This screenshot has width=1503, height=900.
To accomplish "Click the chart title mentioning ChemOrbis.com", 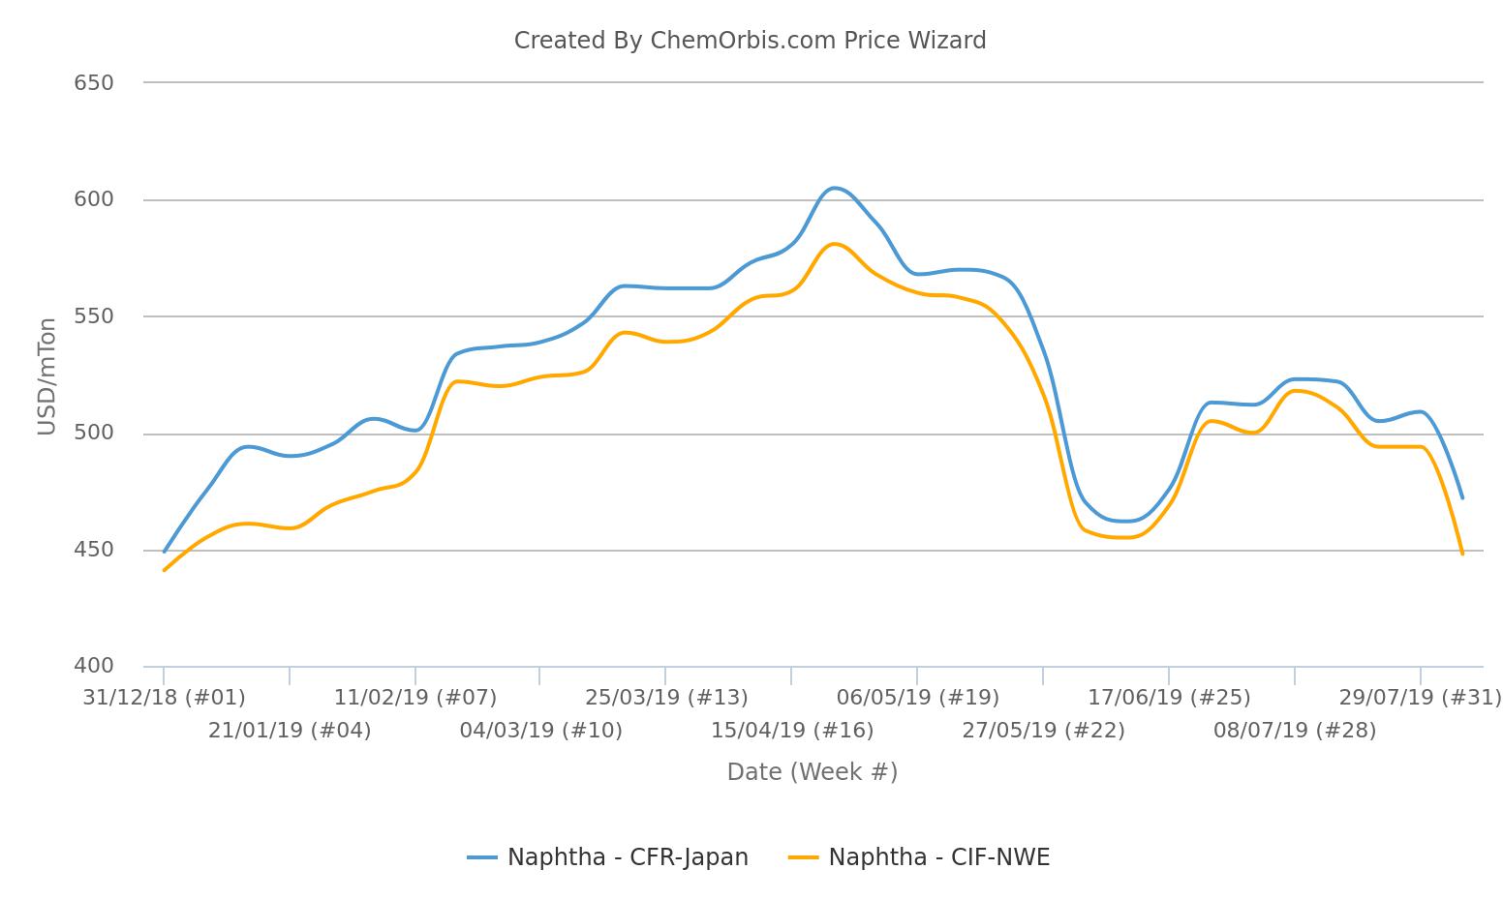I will (750, 41).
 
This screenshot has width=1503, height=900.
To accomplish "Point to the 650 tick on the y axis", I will (94, 83).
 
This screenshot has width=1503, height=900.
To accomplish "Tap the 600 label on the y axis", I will (94, 199).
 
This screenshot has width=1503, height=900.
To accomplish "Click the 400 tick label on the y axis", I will (94, 666).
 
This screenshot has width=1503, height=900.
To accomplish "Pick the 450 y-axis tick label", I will (94, 550).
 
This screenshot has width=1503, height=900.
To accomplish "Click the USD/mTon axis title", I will (46, 376).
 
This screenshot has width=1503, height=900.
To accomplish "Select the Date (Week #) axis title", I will (812, 772).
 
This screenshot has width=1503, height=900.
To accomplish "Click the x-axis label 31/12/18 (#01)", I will (164, 698).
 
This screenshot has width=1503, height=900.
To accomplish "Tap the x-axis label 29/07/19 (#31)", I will (1420, 698).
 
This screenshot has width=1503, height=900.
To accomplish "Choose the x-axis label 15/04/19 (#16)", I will (792, 731).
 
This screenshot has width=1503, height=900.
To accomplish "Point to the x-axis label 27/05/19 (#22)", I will (1043, 731).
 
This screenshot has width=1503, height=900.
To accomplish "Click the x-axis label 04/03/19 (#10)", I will (540, 731).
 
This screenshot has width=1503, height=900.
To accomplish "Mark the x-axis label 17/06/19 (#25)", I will (1169, 698).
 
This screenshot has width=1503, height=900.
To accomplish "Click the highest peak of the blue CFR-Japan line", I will (834, 188).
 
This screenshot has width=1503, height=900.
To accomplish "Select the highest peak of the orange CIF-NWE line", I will (834, 244).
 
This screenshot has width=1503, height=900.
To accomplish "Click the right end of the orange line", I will (1462, 554).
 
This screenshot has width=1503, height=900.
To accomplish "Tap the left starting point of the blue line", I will (164, 552).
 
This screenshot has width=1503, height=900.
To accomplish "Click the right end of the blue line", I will (1462, 498).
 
